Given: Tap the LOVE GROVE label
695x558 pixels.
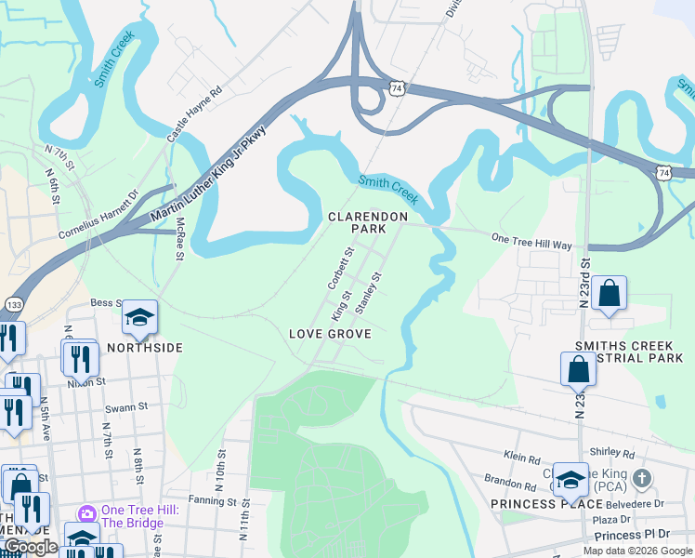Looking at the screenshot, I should [x=330, y=334].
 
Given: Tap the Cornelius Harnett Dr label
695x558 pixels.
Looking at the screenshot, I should [x=98, y=214].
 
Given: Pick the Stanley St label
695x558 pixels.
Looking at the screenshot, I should [x=367, y=292].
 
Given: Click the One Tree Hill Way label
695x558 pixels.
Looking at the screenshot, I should [x=531, y=239].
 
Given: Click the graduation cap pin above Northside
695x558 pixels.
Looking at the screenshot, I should [x=139, y=317].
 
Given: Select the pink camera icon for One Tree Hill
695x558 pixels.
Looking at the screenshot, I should [x=87, y=513].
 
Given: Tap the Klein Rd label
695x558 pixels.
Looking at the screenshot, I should [x=522, y=458].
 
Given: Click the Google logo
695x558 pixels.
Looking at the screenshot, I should [x=31, y=547].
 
